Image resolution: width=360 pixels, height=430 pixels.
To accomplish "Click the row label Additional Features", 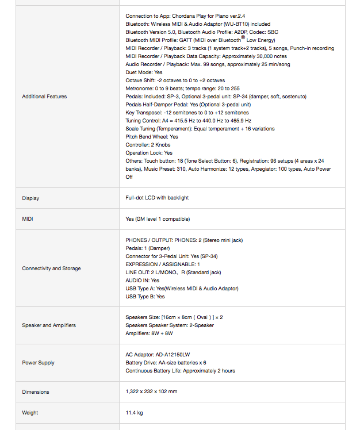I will [44, 97].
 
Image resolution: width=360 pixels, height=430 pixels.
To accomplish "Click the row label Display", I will [30, 198].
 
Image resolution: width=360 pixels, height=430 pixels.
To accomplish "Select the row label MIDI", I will [28, 219].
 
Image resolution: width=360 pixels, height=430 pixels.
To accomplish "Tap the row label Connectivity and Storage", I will [51, 268].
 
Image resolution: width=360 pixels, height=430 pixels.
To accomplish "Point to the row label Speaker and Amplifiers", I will [49, 325].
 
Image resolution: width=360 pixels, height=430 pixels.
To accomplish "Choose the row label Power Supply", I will [38, 363].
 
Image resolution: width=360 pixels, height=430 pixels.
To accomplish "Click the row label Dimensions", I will [36, 392].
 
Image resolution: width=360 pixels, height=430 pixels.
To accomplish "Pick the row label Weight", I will [30, 413].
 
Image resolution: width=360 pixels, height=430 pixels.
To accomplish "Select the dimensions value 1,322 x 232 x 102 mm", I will [151, 392].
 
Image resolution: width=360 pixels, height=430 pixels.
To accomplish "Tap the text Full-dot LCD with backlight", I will [157, 198].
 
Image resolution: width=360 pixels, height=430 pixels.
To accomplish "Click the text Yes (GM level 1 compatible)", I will [157, 219].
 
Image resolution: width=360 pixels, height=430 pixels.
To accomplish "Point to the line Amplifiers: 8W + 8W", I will [150, 333].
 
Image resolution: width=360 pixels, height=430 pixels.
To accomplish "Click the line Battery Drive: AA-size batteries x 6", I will [166, 363].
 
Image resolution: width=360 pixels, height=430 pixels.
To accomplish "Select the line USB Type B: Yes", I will [145, 297].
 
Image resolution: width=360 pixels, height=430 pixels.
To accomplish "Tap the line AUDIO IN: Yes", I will [143, 281].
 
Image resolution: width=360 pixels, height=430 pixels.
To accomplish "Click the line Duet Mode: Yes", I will [144, 72].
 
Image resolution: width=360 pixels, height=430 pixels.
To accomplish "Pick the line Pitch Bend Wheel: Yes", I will [152, 137].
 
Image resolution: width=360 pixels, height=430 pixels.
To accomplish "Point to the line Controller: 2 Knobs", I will [148, 145].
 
